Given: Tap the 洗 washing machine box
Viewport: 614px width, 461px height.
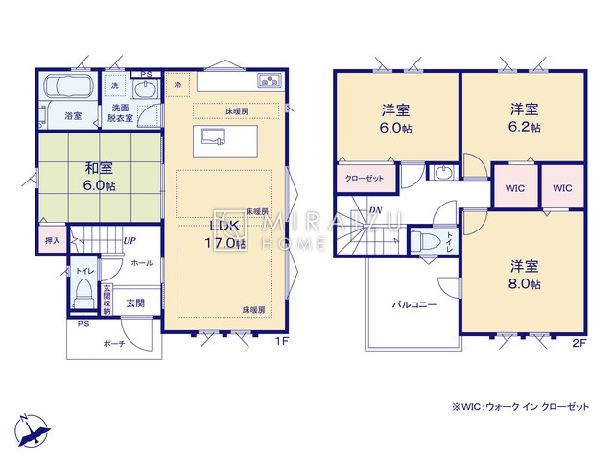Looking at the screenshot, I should click(x=114, y=85).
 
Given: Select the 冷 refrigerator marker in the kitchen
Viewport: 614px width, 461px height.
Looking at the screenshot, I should click(x=178, y=86).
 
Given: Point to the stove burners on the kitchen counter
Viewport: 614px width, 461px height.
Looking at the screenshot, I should click(x=268, y=81).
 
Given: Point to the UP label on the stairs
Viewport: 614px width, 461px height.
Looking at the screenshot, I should click(x=127, y=241).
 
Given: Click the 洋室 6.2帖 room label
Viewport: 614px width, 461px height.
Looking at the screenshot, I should click(x=524, y=116).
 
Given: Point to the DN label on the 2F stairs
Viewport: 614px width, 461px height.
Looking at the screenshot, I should click(x=376, y=210).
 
